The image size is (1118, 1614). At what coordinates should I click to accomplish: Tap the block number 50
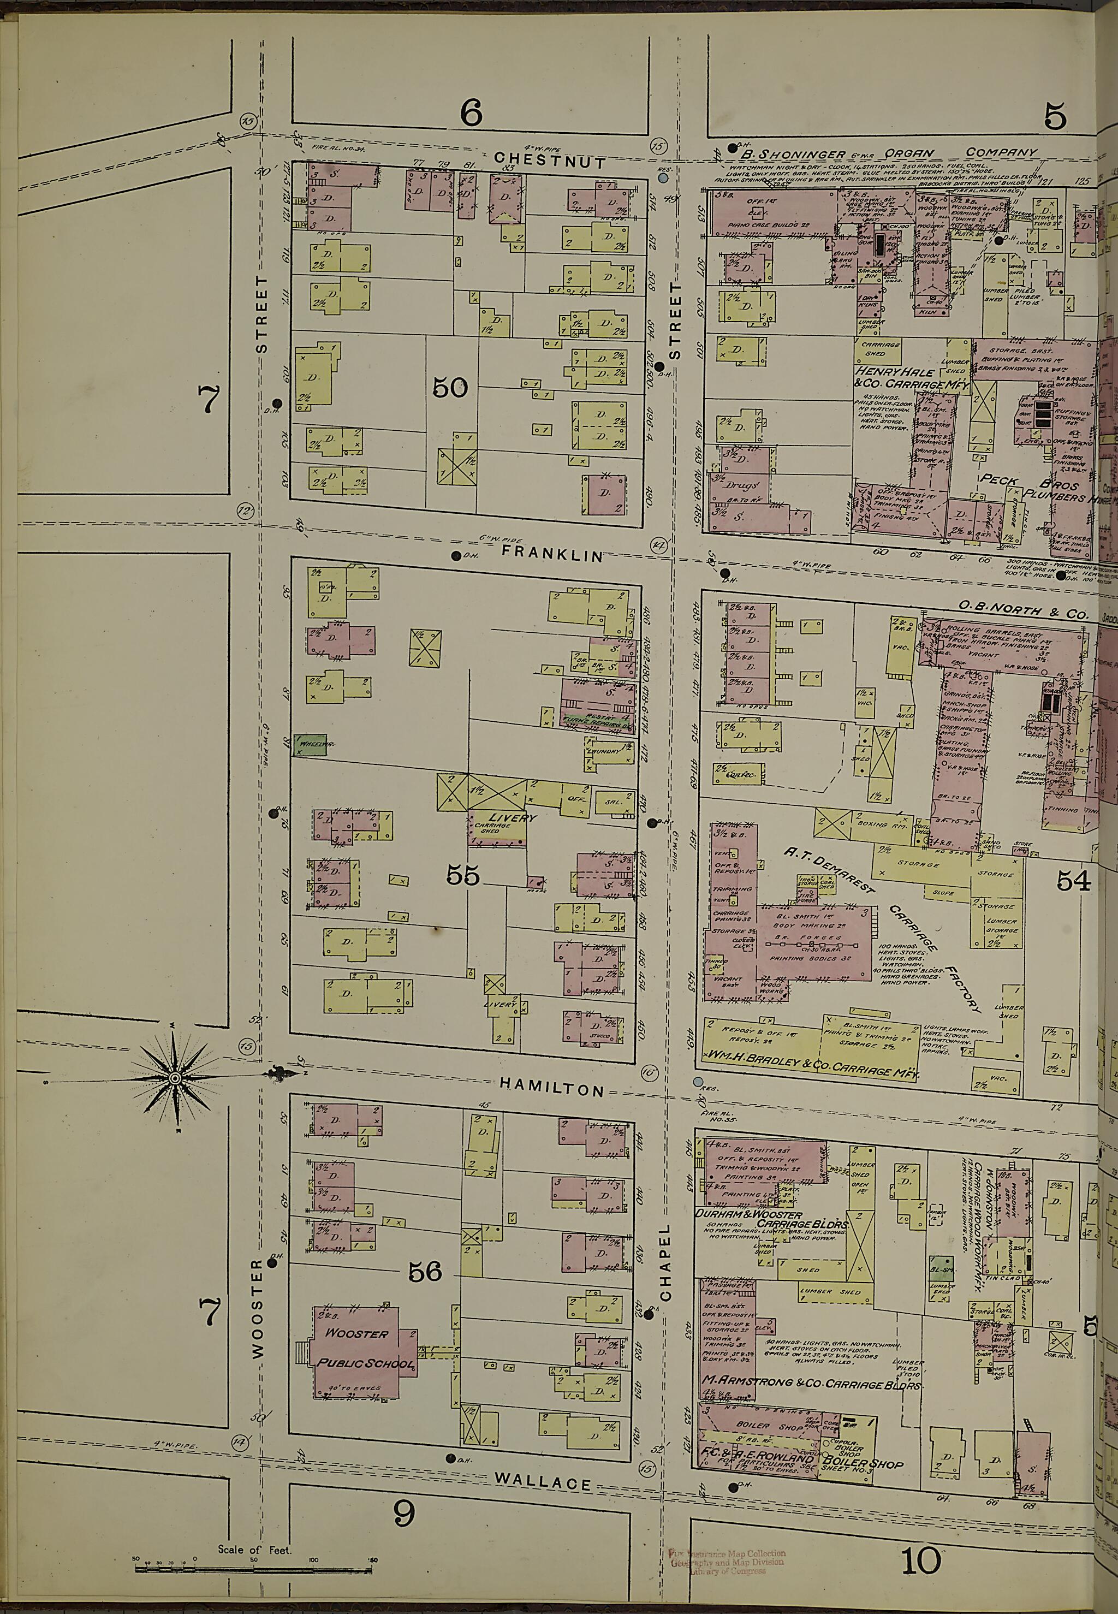click(449, 387)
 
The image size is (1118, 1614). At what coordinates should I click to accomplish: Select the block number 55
click(462, 876)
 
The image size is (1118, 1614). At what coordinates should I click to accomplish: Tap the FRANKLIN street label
click(552, 555)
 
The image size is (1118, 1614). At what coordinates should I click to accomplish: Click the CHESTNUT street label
click(549, 161)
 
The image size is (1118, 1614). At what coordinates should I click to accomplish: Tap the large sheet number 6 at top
click(471, 113)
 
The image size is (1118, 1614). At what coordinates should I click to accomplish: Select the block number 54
click(1073, 881)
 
